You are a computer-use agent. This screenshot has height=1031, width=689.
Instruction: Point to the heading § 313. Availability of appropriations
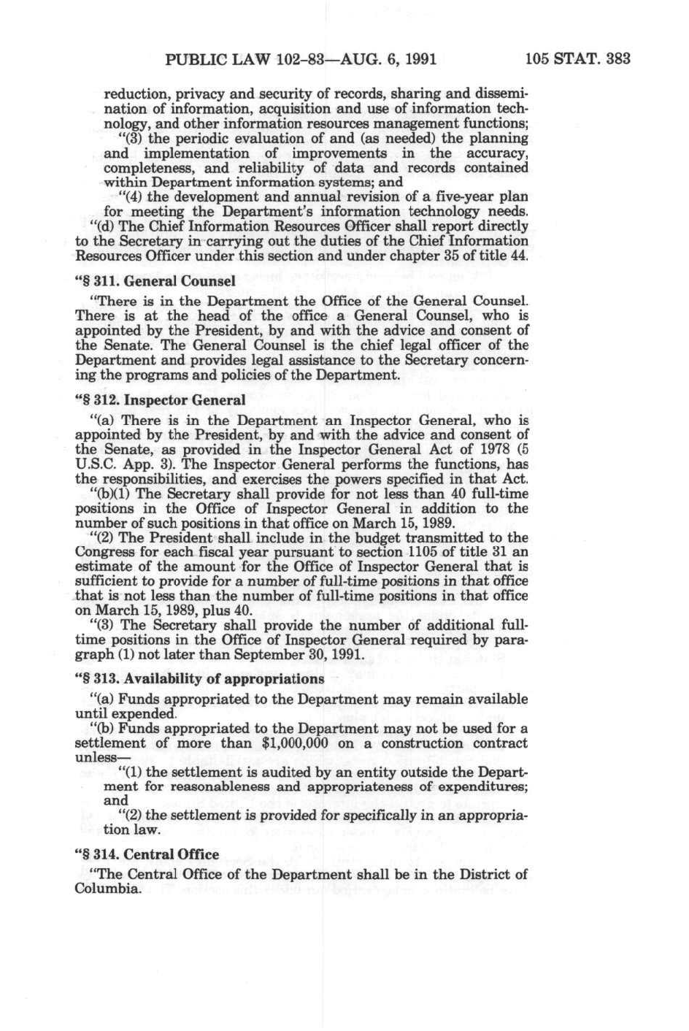(x=199, y=679)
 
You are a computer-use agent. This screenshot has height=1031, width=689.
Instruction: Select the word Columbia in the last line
(x=107, y=889)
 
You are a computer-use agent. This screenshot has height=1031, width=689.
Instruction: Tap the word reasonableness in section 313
(x=229, y=787)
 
